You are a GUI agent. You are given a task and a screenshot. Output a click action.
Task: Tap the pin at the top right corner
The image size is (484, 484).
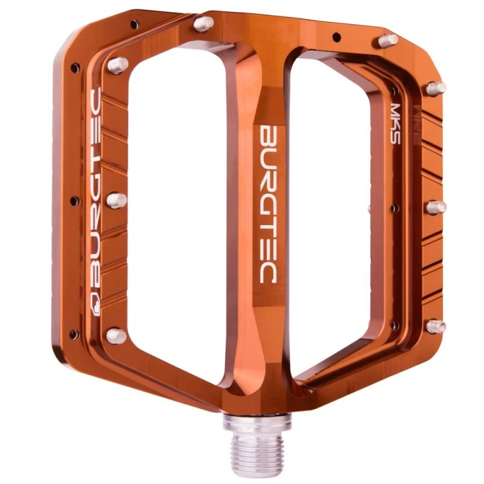click(388, 41)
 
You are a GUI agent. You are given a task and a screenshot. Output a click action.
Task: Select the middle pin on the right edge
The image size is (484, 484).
click(436, 208)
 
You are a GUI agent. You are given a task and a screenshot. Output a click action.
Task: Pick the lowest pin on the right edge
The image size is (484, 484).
click(437, 326)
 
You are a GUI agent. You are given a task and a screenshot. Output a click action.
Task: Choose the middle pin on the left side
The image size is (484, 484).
click(117, 200)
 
